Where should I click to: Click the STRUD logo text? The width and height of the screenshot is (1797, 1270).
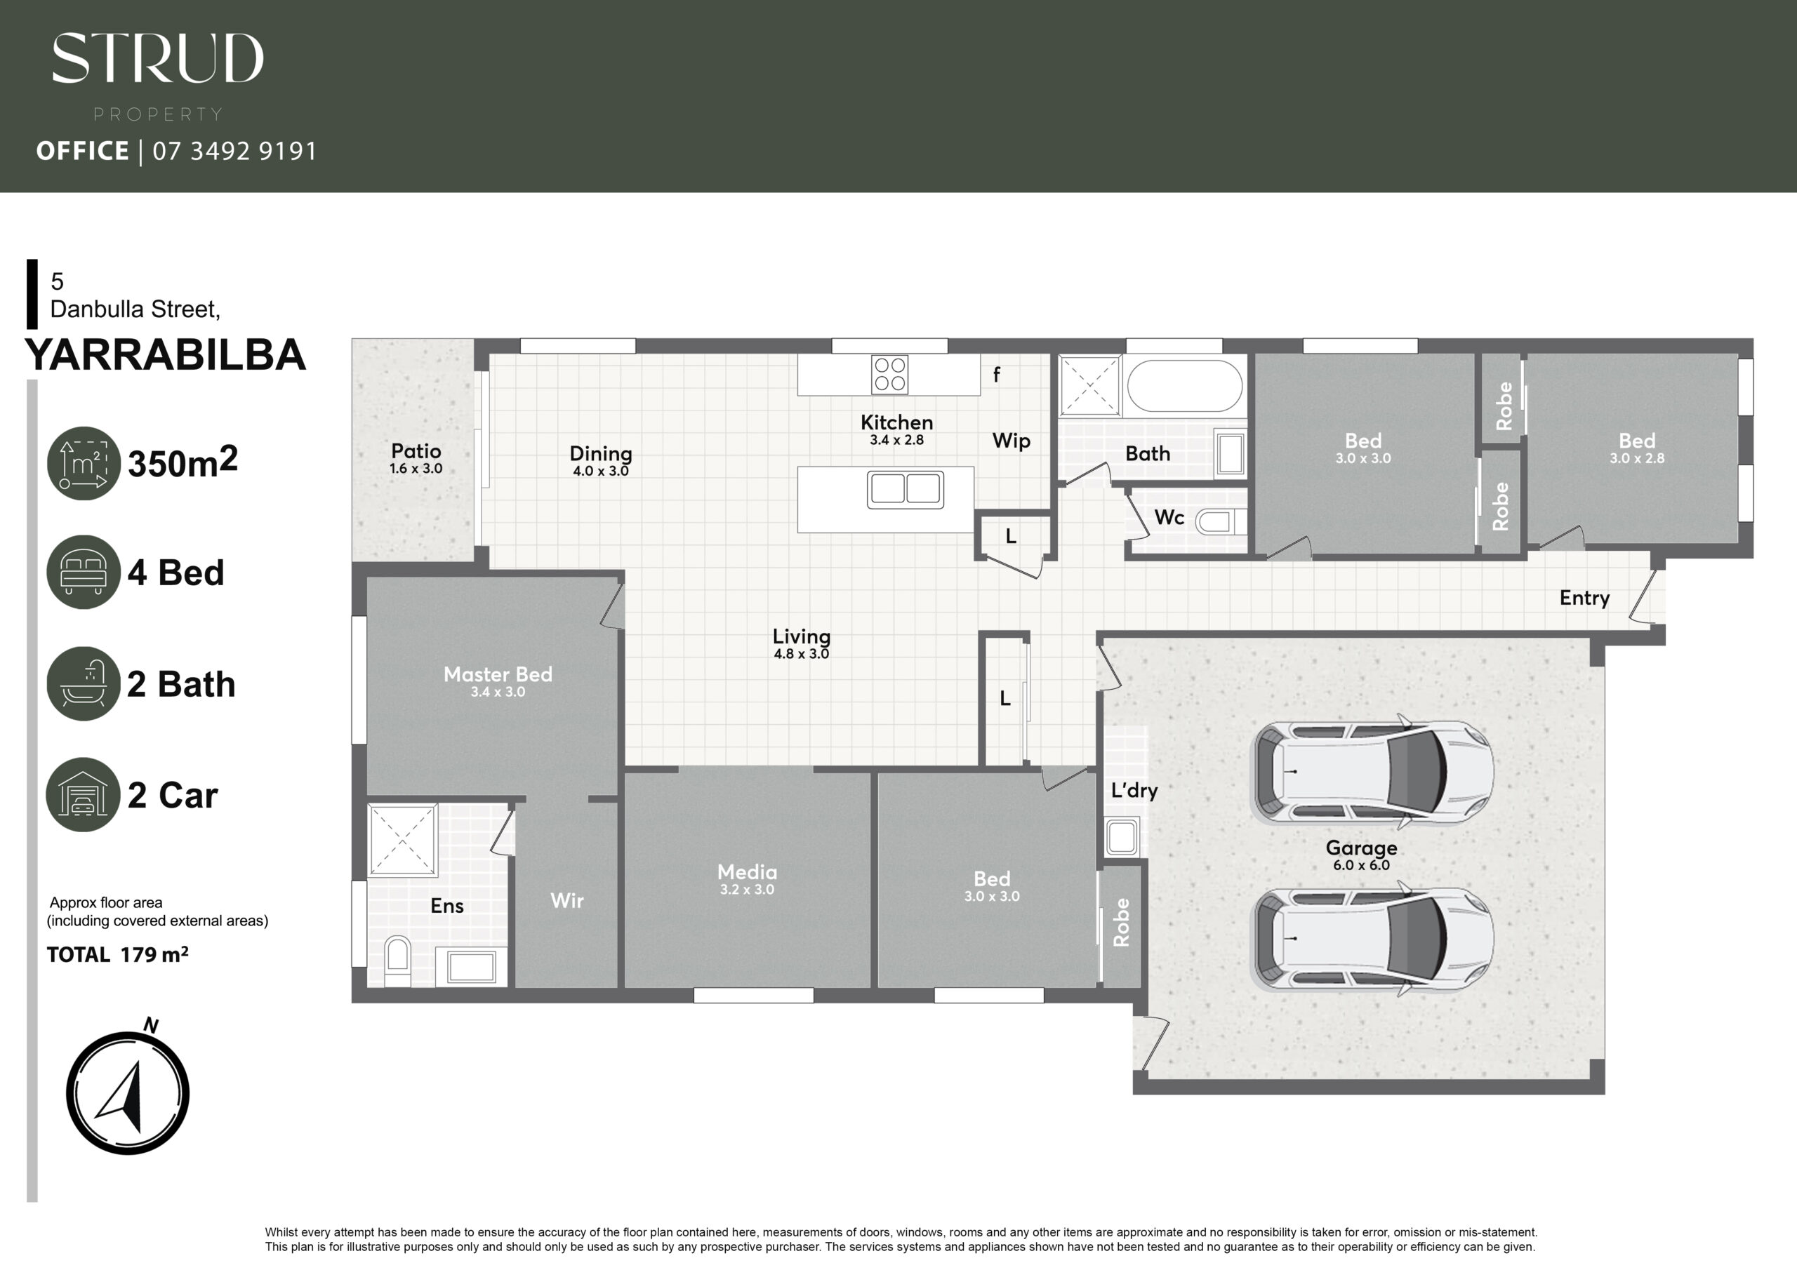[x=158, y=58]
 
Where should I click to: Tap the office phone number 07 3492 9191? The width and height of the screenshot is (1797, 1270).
[x=234, y=151]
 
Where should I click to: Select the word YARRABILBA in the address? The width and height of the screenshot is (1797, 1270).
[x=165, y=354]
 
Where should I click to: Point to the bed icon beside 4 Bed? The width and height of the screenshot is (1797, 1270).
[x=84, y=572]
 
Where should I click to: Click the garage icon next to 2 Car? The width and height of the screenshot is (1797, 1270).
[x=84, y=794]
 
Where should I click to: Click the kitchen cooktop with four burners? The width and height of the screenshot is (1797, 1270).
[x=890, y=375]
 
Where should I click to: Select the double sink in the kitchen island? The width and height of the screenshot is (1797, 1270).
[x=906, y=489]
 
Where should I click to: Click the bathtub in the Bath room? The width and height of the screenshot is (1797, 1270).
[x=1184, y=386]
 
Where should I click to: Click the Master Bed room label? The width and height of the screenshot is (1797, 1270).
[x=498, y=674]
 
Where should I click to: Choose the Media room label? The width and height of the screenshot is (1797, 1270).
[x=748, y=871]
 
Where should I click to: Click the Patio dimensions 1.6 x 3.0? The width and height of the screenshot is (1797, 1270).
[x=416, y=469]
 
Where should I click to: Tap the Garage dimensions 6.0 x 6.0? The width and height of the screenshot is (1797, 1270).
[x=1361, y=865]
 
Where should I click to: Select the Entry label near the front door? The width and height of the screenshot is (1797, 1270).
[x=1585, y=599]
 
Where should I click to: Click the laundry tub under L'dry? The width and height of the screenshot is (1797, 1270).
[x=1122, y=837]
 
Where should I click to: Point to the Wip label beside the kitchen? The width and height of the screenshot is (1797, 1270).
[x=1012, y=441]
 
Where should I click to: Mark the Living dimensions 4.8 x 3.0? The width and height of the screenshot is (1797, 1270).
[x=802, y=654]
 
